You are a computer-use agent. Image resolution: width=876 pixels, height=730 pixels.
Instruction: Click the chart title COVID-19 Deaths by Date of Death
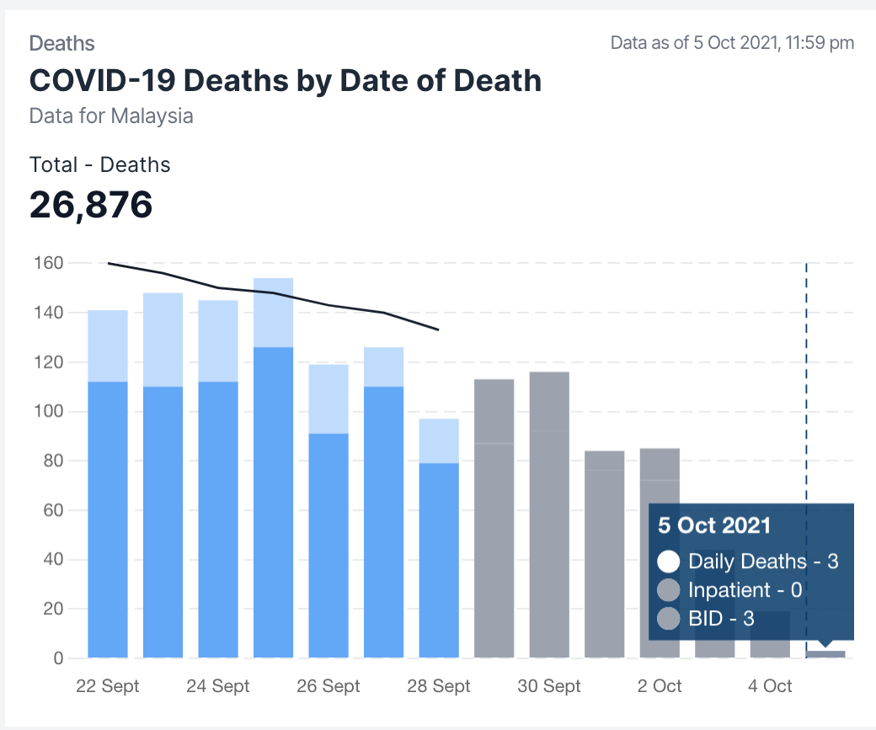(x=285, y=81)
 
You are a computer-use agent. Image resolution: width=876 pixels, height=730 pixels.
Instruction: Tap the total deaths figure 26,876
(x=91, y=205)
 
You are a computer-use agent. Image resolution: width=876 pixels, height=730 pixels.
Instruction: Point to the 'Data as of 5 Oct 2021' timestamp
(x=732, y=43)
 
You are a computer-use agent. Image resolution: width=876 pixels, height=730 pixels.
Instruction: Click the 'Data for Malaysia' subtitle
(x=111, y=115)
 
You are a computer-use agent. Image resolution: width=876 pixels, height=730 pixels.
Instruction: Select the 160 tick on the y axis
(x=49, y=263)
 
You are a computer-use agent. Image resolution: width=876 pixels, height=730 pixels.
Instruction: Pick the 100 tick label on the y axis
(x=49, y=411)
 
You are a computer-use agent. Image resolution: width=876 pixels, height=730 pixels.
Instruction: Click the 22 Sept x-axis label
(x=108, y=686)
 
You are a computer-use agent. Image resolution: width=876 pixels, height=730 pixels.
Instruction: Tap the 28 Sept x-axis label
(x=439, y=686)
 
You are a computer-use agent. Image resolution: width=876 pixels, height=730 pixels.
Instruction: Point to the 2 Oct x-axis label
(x=660, y=686)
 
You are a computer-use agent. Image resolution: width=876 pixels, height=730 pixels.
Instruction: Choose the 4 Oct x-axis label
(x=770, y=686)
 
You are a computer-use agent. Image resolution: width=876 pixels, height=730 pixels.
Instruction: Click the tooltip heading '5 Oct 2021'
(x=714, y=526)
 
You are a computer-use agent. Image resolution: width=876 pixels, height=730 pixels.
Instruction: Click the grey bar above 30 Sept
(x=549, y=514)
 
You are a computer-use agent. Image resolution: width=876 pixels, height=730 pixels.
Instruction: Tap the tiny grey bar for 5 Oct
(x=825, y=654)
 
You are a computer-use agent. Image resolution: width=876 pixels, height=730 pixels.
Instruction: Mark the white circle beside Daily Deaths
(x=669, y=561)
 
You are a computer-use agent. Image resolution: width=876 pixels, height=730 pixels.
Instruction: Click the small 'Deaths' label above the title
(x=61, y=44)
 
